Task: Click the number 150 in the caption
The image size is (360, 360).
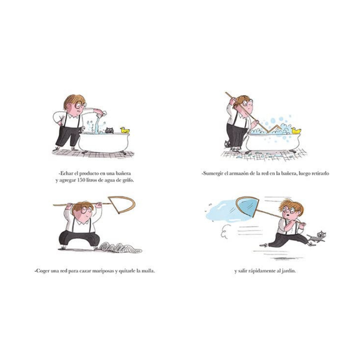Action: click(82, 180)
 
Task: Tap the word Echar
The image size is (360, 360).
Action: click(66, 173)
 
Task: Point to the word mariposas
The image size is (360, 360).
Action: click(102, 271)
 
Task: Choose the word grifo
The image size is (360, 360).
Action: click(127, 180)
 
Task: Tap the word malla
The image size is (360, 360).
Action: click(149, 271)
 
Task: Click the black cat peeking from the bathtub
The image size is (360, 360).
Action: click(109, 130)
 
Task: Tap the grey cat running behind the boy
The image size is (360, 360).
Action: click(317, 237)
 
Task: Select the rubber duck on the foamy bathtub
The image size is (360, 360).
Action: click(296, 131)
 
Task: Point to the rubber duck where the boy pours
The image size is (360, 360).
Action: click(124, 130)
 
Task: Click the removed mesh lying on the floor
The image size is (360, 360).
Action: click(121, 248)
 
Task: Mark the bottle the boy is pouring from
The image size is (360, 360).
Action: click(102, 114)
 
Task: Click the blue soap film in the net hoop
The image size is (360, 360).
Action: click(248, 206)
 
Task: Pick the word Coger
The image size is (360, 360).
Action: click(42, 271)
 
